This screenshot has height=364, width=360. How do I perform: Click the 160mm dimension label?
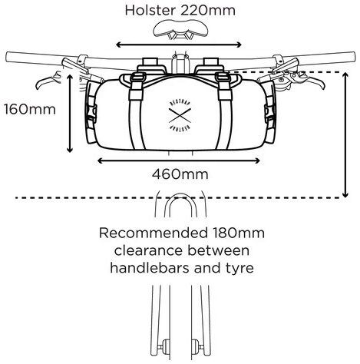(x=30, y=109)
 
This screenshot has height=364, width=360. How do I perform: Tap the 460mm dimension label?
(x=180, y=174)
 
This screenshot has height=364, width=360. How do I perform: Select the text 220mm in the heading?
(x=208, y=10)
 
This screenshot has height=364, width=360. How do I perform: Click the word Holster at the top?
(x=150, y=10)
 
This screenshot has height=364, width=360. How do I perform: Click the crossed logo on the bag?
(x=180, y=115)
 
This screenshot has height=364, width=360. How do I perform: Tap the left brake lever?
(x=48, y=80)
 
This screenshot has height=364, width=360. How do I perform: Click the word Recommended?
(x=154, y=233)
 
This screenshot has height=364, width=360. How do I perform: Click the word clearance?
(x=149, y=250)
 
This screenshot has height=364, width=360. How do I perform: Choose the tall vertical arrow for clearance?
(x=345, y=135)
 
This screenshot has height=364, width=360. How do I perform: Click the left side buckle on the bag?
(x=91, y=113)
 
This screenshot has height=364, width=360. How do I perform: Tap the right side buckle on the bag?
(x=269, y=113)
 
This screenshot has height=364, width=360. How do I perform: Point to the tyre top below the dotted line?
(x=180, y=195)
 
